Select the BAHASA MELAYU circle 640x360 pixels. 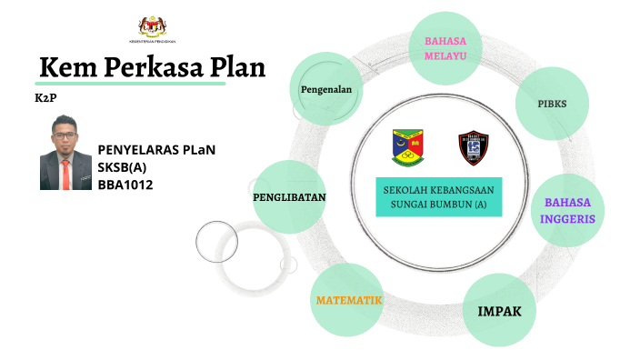tap(445, 48)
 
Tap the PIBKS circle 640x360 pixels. tap(553, 103)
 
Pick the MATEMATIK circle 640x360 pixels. tap(347, 299)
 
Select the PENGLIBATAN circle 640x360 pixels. tap(289, 196)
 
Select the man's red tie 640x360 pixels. tap(65, 171)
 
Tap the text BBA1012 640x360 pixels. tap(125, 185)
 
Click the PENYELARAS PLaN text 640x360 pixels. tap(156, 150)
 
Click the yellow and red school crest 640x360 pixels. tap(406, 145)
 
